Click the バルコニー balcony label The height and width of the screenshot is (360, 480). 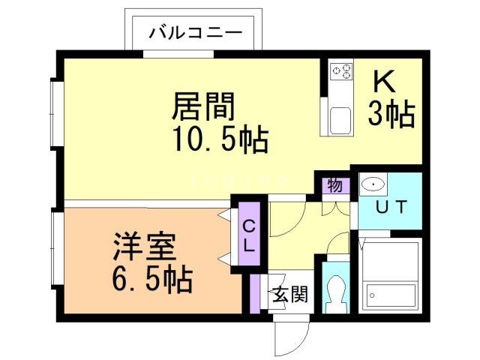tap(195, 32)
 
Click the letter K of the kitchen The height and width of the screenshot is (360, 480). tap(380, 79)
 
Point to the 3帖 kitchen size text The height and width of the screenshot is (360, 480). tap(391, 114)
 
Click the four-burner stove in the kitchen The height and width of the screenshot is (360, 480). tap(342, 71)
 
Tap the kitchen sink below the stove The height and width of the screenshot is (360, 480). tap(340, 120)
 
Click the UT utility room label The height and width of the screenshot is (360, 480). tap(390, 208)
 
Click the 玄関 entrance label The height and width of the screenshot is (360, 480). tap(289, 293)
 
